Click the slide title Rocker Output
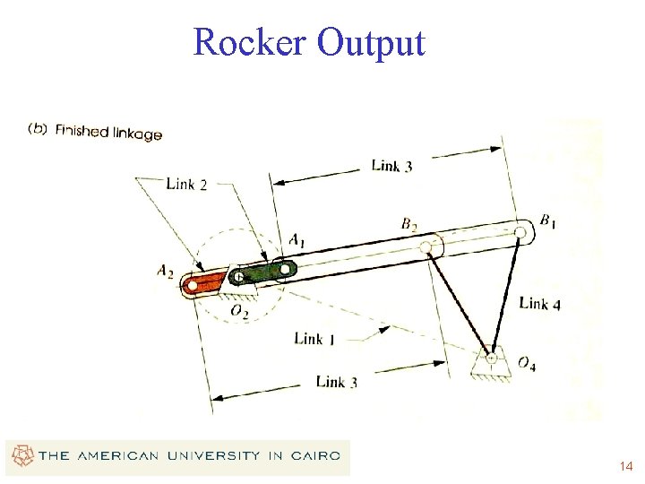click(x=308, y=42)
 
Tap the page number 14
click(x=625, y=467)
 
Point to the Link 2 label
click(x=186, y=185)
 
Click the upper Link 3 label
click(x=391, y=166)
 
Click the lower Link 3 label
click(x=337, y=382)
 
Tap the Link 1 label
click(x=314, y=339)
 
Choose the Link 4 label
click(x=539, y=303)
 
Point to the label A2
click(x=165, y=271)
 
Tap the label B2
click(x=409, y=224)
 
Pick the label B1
click(x=546, y=220)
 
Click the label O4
click(x=527, y=364)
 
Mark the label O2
click(x=239, y=311)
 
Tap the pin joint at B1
click(x=520, y=232)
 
